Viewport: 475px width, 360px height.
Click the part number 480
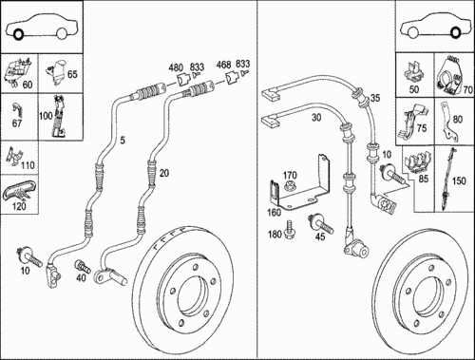(x=176, y=67)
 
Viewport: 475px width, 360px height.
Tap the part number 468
(x=224, y=65)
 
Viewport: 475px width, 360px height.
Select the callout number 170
(x=290, y=175)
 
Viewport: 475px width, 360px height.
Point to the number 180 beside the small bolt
(x=275, y=234)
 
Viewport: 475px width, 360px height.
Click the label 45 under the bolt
(x=320, y=237)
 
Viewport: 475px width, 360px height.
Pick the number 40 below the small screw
(x=81, y=277)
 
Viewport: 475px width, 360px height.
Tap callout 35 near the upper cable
(x=375, y=98)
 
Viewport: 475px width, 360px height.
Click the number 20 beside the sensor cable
(x=164, y=173)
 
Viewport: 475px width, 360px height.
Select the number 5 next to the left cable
(x=123, y=140)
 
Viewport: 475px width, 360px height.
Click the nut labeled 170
(x=289, y=186)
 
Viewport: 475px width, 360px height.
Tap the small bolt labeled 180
(x=290, y=230)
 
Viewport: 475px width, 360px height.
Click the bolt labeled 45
(x=320, y=224)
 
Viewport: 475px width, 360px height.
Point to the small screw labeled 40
(x=82, y=266)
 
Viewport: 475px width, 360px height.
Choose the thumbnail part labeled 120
(x=19, y=192)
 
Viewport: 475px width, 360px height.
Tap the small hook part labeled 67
(x=17, y=109)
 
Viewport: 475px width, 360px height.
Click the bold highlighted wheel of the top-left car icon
(x=18, y=34)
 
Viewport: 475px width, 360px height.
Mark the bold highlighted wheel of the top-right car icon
(x=455, y=33)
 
